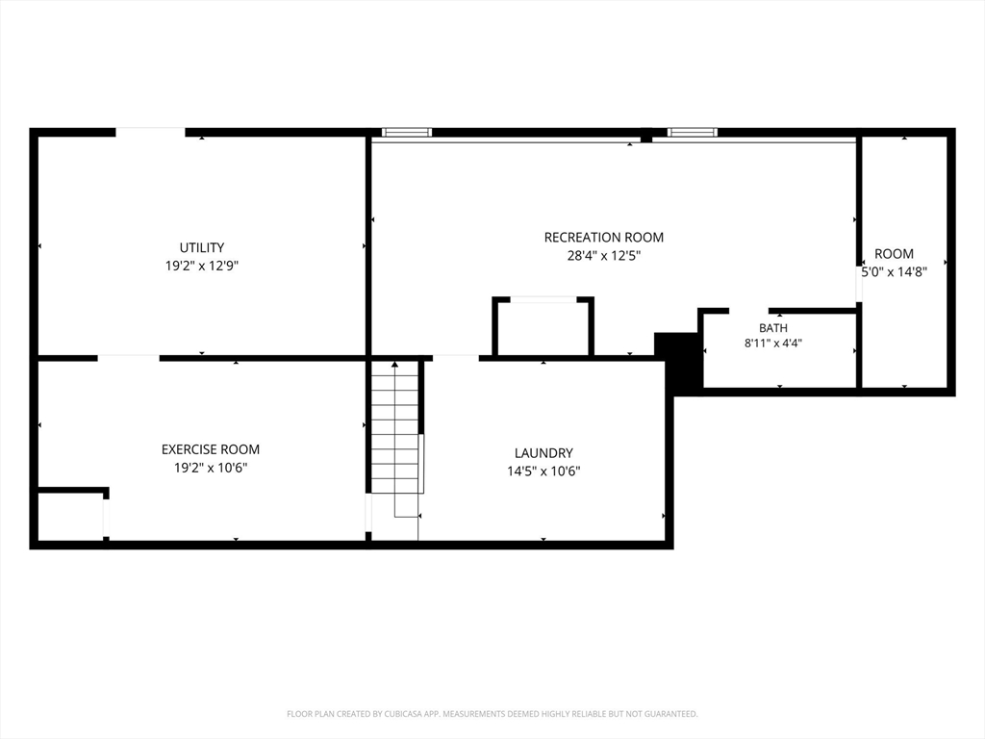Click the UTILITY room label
[202, 247]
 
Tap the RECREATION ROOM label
[604, 238]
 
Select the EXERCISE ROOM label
[211, 449]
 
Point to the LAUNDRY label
[543, 453]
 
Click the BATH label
[773, 328]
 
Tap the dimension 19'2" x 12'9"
[202, 266]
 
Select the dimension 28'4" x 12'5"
[604, 256]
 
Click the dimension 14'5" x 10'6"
[543, 471]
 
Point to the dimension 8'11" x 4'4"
[773, 344]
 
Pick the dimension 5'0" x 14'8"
[894, 272]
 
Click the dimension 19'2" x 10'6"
[211, 468]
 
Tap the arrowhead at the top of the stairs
[394, 364]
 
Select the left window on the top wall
[407, 132]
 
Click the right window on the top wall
[693, 132]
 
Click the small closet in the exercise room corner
[70, 516]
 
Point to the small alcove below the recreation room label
[543, 327]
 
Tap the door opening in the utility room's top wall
[150, 132]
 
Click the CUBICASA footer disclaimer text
[492, 714]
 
